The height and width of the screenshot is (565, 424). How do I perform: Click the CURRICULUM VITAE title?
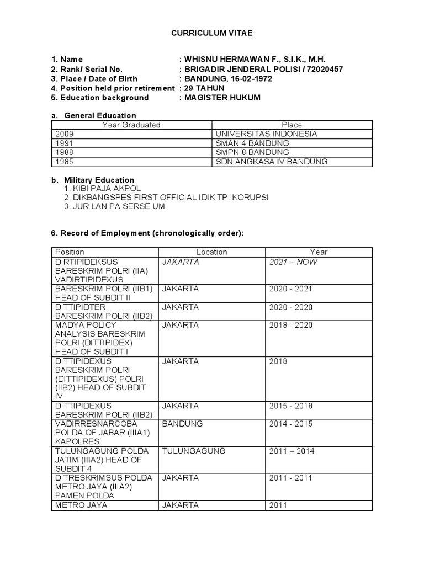[x=212, y=34]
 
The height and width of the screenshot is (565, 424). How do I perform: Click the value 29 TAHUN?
[x=205, y=88]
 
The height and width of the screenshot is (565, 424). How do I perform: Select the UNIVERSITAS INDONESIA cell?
[x=266, y=134]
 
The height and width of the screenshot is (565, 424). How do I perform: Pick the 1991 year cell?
[x=63, y=143]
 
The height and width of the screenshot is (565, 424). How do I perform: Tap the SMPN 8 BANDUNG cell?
[x=245, y=153]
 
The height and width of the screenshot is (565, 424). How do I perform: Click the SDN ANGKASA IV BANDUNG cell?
[x=271, y=162]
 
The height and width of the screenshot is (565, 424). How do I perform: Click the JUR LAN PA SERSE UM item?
[x=114, y=206]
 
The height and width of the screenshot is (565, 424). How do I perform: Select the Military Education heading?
[x=99, y=180]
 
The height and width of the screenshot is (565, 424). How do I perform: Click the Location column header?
[x=211, y=252]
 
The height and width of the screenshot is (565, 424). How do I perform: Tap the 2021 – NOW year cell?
[x=293, y=262]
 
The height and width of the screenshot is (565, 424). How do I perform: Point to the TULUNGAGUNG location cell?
[x=194, y=451]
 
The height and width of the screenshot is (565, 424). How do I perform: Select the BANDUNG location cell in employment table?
[x=182, y=424]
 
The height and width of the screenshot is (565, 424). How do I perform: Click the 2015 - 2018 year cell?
[x=290, y=406]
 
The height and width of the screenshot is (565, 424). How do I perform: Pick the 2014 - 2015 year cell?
[x=290, y=424]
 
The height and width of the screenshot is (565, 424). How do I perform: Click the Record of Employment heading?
[x=147, y=233]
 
